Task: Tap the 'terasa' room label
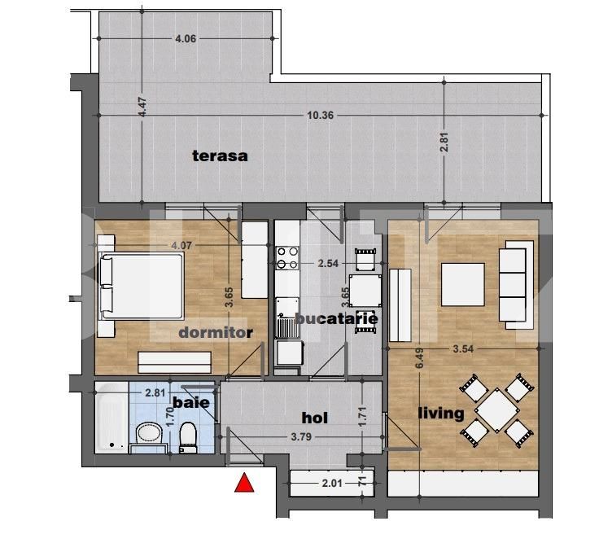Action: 220,156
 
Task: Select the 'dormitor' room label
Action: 216,332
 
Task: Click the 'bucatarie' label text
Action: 336,318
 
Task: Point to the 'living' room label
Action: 440,413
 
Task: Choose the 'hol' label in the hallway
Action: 315,418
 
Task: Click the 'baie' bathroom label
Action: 191,402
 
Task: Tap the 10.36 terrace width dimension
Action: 321,116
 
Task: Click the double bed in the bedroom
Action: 141,285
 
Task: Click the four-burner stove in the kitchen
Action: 286,258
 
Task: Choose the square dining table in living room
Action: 493,410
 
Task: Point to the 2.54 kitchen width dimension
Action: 329,264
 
